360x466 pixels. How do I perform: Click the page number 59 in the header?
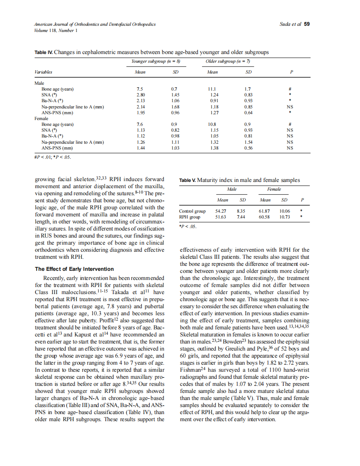[x=307, y=24]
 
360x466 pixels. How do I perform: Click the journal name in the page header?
[x=95, y=24]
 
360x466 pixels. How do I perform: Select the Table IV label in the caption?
[x=43, y=52]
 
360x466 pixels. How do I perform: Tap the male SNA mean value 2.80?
[x=140, y=95]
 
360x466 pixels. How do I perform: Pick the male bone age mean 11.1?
[x=212, y=89]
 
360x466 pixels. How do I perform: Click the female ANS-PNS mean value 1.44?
[x=140, y=148]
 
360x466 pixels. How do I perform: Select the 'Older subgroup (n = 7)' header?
[x=227, y=61]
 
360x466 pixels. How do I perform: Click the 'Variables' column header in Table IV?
[x=43, y=72]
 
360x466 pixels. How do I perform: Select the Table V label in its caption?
[x=187, y=181]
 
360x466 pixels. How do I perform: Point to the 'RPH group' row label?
[x=190, y=217]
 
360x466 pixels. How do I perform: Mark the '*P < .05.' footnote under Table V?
[x=187, y=227]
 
